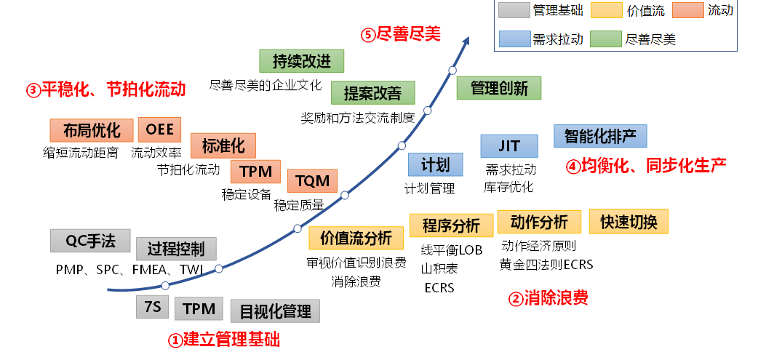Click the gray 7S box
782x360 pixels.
coord(152,308)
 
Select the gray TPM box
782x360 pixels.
coord(199,308)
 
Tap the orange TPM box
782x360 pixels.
coord(255,172)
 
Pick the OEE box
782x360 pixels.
coord(159,129)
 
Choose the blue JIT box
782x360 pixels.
coord(509,146)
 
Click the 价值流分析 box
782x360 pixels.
coord(356,238)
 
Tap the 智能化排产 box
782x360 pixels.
coord(600,136)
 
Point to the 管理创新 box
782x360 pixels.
coord(499,89)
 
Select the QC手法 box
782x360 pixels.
coord(90,241)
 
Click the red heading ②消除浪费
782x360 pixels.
coord(548,297)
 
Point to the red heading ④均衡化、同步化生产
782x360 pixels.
coord(646,166)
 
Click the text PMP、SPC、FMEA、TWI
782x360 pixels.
coord(129,269)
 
